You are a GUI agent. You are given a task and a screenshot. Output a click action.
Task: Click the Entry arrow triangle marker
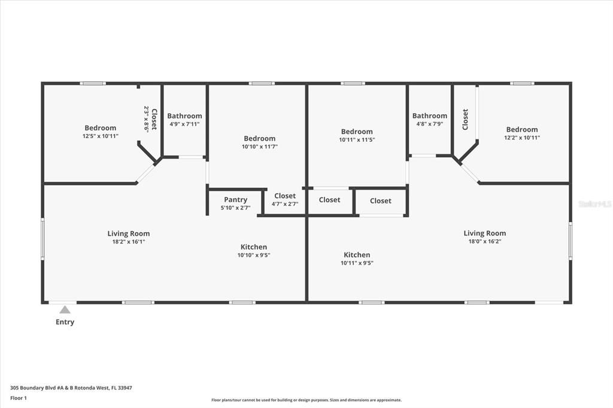(65, 309)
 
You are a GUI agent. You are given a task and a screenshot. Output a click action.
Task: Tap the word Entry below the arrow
(65, 322)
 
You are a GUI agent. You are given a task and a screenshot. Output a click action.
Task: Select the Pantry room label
(236, 200)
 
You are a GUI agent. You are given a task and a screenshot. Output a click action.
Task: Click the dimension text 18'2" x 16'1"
(129, 242)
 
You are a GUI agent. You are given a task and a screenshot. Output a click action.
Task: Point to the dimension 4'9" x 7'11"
(184, 124)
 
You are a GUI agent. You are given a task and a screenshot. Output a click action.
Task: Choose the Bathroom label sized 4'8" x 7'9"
(429, 116)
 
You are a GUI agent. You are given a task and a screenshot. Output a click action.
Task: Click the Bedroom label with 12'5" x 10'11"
(101, 128)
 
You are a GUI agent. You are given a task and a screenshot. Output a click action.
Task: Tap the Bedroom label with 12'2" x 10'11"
(522, 129)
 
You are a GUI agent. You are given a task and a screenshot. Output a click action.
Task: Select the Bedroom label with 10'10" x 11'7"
(259, 138)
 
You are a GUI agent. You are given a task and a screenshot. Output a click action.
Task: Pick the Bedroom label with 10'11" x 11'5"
(357, 132)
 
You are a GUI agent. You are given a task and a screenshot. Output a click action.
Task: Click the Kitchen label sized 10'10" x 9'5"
(254, 247)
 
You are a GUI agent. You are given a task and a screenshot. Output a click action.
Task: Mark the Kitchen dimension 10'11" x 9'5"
(357, 263)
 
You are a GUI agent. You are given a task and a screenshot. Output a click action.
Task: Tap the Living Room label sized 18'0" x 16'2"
(484, 233)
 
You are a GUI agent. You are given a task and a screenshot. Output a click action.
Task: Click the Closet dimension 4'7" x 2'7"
(285, 204)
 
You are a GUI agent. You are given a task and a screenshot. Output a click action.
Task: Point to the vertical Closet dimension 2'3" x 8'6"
(146, 119)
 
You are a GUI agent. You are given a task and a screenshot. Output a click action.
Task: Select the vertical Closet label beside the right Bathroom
(465, 119)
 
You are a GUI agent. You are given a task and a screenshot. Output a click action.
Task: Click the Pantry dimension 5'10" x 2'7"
(236, 208)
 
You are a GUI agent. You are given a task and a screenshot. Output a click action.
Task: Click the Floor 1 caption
(20, 398)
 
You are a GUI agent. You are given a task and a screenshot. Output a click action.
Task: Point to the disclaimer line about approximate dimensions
(306, 400)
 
